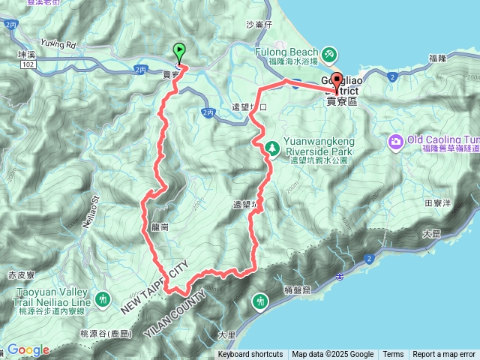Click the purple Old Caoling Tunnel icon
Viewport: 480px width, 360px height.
[396, 140]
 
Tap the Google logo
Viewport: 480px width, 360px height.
[28, 349]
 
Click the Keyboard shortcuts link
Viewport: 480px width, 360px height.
[250, 355]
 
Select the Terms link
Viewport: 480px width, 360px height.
[393, 355]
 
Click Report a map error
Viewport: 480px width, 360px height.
[444, 355]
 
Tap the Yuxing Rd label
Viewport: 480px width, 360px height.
[59, 43]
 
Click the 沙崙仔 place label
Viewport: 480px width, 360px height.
[257, 24]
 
